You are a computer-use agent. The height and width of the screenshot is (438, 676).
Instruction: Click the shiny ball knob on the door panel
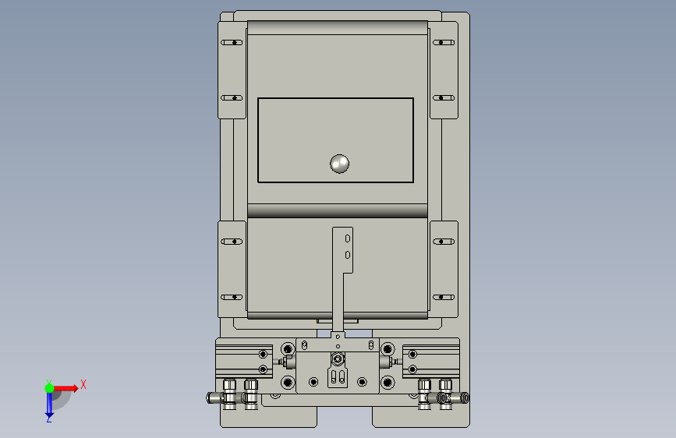(x=339, y=164)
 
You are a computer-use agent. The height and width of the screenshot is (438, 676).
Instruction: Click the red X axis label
(x=83, y=384)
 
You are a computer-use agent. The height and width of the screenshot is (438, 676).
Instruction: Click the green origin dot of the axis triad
(x=50, y=388)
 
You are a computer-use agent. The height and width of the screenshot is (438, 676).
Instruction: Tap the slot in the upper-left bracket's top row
(x=232, y=43)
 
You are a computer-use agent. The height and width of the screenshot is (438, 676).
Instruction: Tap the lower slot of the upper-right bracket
(x=444, y=98)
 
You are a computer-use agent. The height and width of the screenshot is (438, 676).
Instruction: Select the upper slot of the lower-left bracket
(x=232, y=242)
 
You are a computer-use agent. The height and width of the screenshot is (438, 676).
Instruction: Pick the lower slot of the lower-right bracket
(x=444, y=297)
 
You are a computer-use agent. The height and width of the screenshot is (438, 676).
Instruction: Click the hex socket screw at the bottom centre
(x=338, y=359)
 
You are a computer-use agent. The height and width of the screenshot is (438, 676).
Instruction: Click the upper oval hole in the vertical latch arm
(x=348, y=238)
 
